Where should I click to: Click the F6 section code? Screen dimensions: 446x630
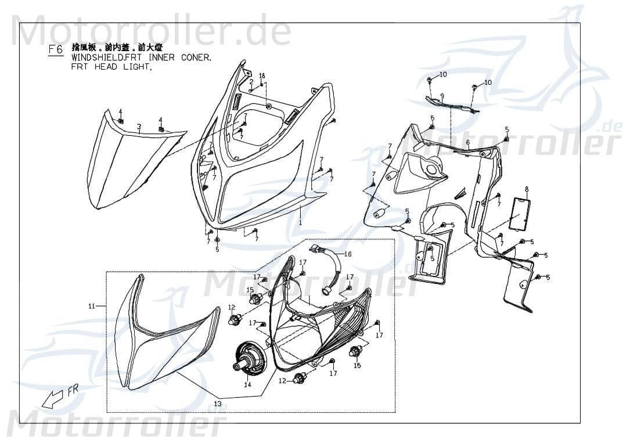pyautogui.click(x=56, y=50)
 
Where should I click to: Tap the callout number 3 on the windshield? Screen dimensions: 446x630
pyautogui.click(x=139, y=126)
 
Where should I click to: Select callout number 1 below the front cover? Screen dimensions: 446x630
pyautogui.click(x=300, y=222)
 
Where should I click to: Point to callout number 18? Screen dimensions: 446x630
pyautogui.click(x=262, y=76)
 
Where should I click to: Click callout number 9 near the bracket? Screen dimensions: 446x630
pyautogui.click(x=442, y=96)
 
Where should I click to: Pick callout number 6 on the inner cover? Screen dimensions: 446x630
pyautogui.click(x=468, y=142)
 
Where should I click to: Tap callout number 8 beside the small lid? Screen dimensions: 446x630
pyautogui.click(x=527, y=189)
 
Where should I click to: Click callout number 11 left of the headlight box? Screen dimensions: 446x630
pyautogui.click(x=91, y=306)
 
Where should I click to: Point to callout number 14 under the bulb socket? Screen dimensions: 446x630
pyautogui.click(x=247, y=384)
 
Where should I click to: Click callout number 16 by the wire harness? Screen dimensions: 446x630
pyautogui.click(x=364, y=254)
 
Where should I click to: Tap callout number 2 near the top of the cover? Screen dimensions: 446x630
pyautogui.click(x=251, y=82)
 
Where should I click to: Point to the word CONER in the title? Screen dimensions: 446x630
pyautogui.click(x=196, y=59)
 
